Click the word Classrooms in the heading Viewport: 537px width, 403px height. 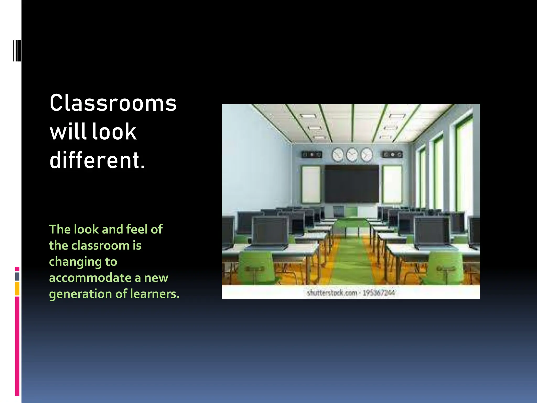(113, 103)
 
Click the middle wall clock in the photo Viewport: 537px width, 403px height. (352, 155)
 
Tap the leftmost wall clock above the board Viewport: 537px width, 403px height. (338, 155)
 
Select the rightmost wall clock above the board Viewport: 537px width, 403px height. (366, 155)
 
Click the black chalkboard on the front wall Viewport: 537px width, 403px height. (352, 184)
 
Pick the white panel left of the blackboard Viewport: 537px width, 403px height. (311, 184)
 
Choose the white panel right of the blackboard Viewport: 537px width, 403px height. (392, 184)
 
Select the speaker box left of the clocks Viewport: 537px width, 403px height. (312, 155)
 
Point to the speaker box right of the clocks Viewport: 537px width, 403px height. (392, 155)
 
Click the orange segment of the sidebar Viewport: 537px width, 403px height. (17, 289)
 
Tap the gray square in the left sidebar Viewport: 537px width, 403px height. (17, 276)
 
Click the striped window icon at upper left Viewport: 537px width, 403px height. (17, 51)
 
